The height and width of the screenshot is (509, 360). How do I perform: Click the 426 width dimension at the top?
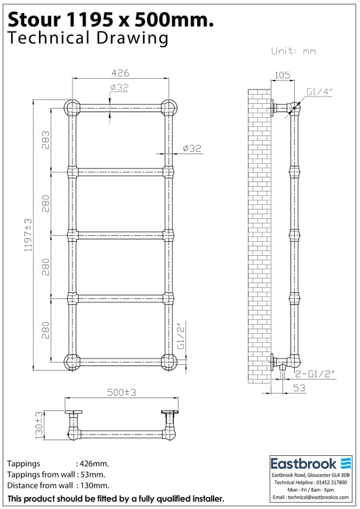tap(120, 73)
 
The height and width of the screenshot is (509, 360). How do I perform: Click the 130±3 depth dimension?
tap(39, 425)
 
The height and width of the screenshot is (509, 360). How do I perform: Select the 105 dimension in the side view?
tap(283, 75)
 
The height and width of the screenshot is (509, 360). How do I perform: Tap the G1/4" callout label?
tap(319, 92)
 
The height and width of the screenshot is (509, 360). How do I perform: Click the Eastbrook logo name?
tap(303, 463)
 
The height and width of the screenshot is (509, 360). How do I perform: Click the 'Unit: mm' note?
tap(293, 51)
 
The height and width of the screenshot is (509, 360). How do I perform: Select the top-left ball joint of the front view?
tap(72, 107)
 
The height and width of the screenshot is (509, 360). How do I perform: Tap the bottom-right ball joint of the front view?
tap(168, 361)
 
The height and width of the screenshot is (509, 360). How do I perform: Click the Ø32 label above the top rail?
tap(120, 88)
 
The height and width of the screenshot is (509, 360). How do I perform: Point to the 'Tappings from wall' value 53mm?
tap(92, 474)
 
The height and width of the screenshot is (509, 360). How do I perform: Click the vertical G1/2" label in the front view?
tap(180, 336)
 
